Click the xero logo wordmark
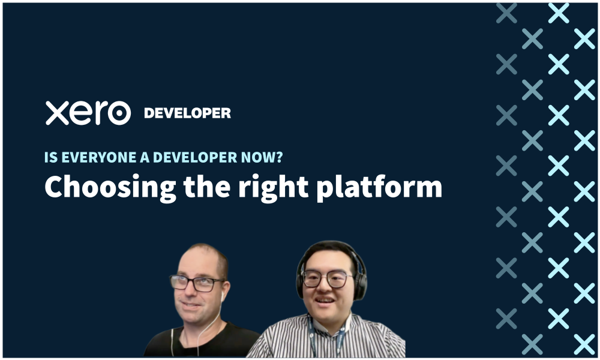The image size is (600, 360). click(88, 113)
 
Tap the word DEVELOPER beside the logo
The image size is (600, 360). click(187, 113)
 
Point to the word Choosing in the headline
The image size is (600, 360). click(110, 187)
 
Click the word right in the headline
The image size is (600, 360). click(273, 187)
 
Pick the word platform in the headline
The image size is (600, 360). click(379, 187)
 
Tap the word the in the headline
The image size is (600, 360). click(207, 187)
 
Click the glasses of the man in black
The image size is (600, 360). click(196, 283)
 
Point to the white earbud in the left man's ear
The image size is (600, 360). click(223, 296)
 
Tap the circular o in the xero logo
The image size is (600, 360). click(119, 113)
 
